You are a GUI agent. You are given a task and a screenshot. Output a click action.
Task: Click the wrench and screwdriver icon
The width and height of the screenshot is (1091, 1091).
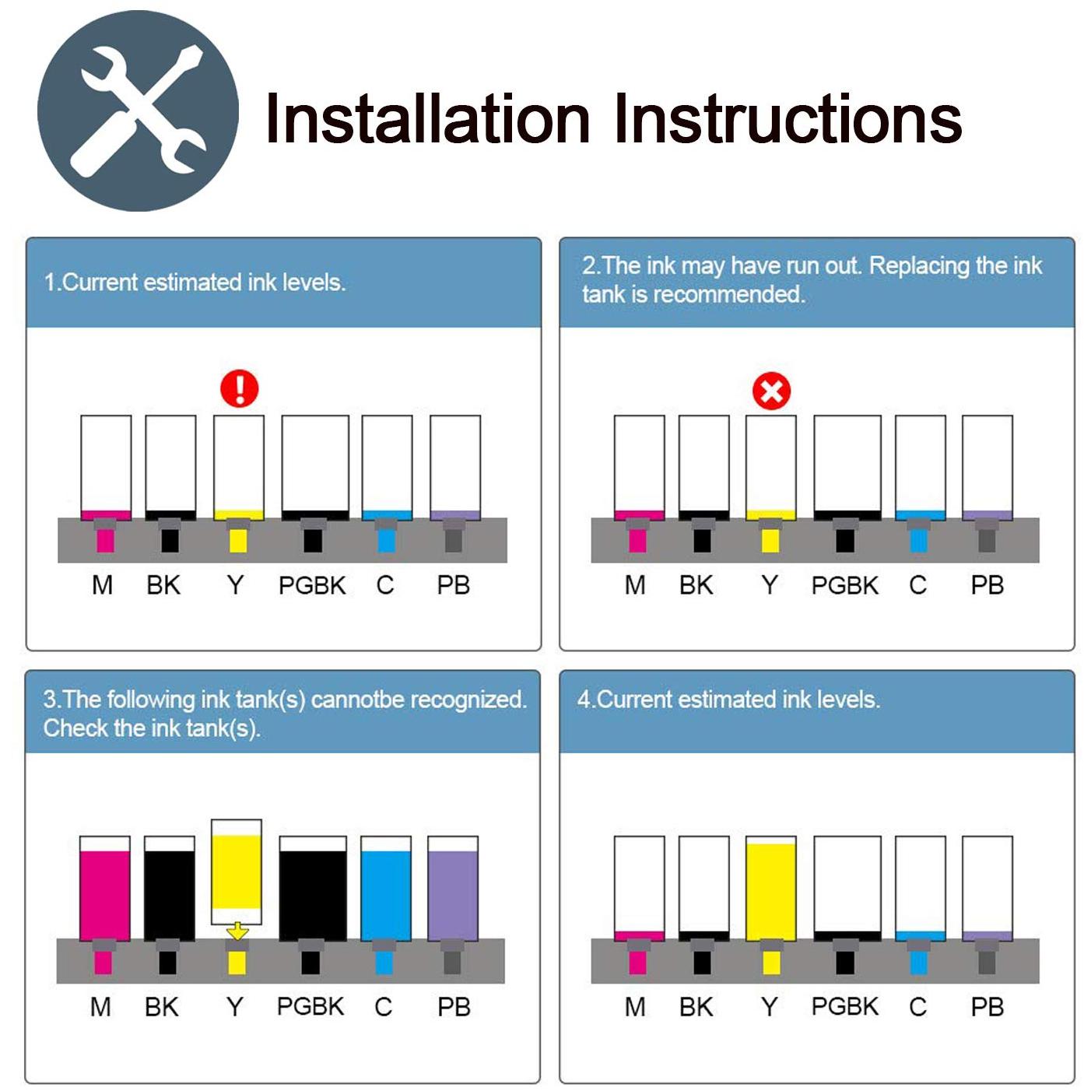[x=138, y=111]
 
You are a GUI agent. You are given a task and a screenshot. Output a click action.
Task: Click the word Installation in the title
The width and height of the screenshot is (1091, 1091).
[x=427, y=120]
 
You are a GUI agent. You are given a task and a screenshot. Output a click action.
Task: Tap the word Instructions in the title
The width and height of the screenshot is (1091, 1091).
[x=788, y=120]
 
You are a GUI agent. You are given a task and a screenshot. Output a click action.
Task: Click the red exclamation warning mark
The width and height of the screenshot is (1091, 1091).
[x=240, y=388]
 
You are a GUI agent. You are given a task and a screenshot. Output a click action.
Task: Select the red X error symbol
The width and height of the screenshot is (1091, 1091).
[x=772, y=391]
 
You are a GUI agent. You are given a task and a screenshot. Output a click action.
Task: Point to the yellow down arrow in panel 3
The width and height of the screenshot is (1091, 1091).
[x=237, y=931]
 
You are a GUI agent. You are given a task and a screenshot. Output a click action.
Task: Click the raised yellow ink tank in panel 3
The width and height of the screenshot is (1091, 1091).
[x=236, y=872]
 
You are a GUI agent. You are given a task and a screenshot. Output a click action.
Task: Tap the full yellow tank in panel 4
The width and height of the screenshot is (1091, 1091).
[x=770, y=889]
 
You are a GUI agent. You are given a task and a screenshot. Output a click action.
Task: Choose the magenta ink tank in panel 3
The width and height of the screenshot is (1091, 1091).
[x=105, y=889]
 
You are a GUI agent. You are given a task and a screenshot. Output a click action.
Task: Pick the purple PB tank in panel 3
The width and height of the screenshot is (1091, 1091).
[x=453, y=889]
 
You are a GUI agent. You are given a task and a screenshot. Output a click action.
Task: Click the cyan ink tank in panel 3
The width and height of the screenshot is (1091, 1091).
[x=386, y=889]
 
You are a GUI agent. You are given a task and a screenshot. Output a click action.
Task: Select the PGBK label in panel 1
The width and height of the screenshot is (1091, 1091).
[x=312, y=585]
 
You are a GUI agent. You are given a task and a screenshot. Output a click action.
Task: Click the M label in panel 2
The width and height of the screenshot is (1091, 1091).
[x=635, y=585]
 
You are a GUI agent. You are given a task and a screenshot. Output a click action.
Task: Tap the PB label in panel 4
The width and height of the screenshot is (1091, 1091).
[x=988, y=1007]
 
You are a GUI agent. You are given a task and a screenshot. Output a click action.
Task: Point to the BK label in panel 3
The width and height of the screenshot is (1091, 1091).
[x=162, y=1007]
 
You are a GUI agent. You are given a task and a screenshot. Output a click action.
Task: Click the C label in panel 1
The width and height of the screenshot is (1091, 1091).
[x=385, y=585]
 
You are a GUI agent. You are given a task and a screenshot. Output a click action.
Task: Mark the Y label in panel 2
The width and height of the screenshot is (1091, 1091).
[x=770, y=585]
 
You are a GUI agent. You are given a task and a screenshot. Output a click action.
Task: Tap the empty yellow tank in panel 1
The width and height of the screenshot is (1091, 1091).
[x=238, y=468]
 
